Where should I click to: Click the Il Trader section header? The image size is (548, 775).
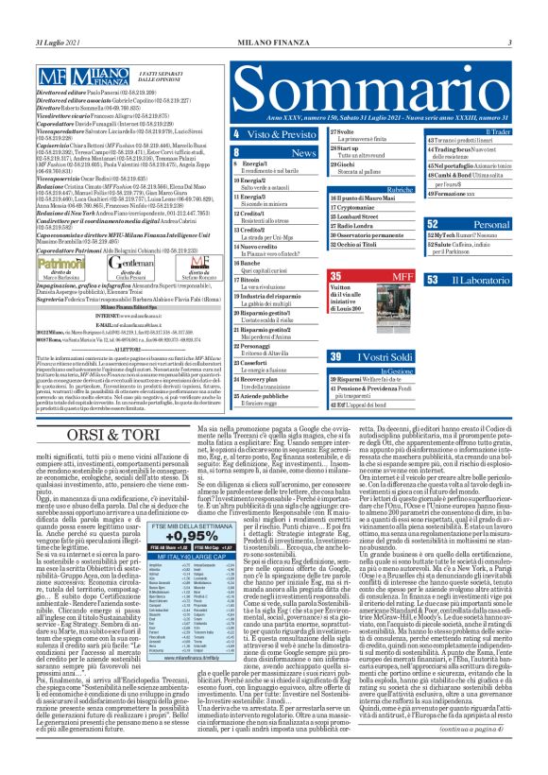(490, 132)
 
